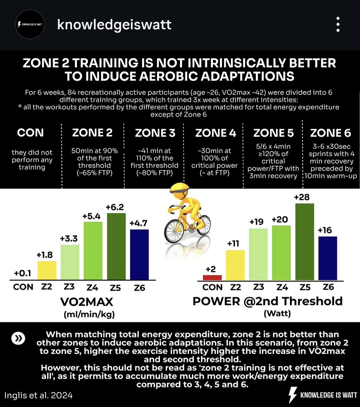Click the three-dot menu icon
[338, 25]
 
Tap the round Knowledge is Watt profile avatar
[30, 25]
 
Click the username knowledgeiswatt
[114, 25]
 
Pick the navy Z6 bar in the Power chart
[328, 258]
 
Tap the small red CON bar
[212, 278]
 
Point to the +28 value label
[302, 197]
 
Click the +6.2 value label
[115, 207]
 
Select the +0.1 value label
[23, 274]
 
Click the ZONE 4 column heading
[215, 133]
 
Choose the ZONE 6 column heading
[331, 133]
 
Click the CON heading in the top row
[30, 133]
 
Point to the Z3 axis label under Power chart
[258, 287]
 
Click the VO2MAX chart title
[87, 302]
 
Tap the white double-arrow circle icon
[18, 338]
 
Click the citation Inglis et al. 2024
[38, 396]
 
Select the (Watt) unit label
[277, 314]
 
